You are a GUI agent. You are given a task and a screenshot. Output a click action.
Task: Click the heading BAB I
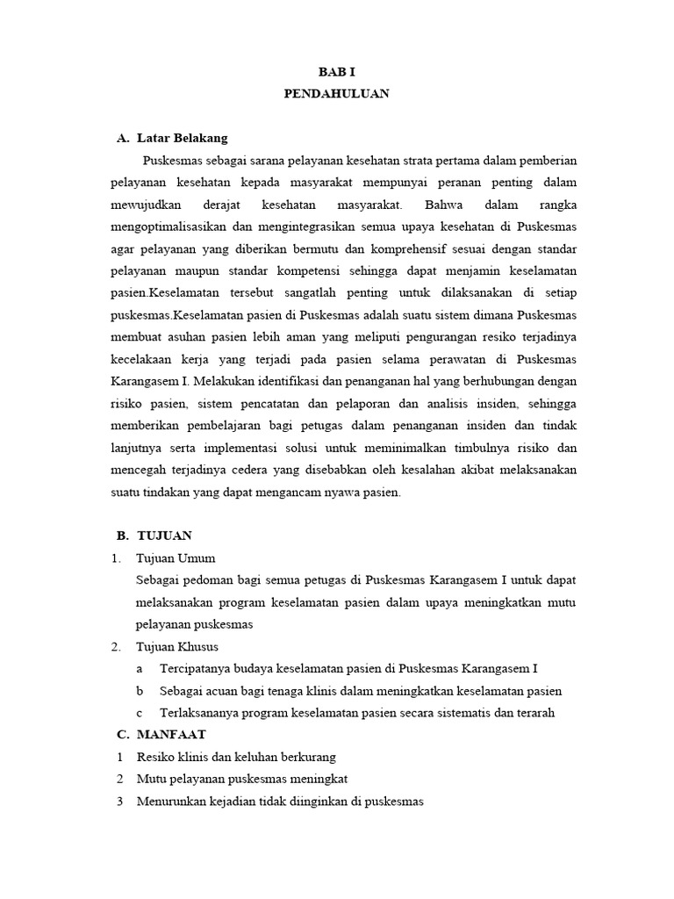(336, 71)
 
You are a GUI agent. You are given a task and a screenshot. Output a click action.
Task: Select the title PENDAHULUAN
(336, 94)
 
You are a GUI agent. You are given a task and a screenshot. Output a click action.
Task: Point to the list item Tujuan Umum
(176, 557)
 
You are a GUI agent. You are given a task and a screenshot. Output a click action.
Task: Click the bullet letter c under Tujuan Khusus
(139, 712)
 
